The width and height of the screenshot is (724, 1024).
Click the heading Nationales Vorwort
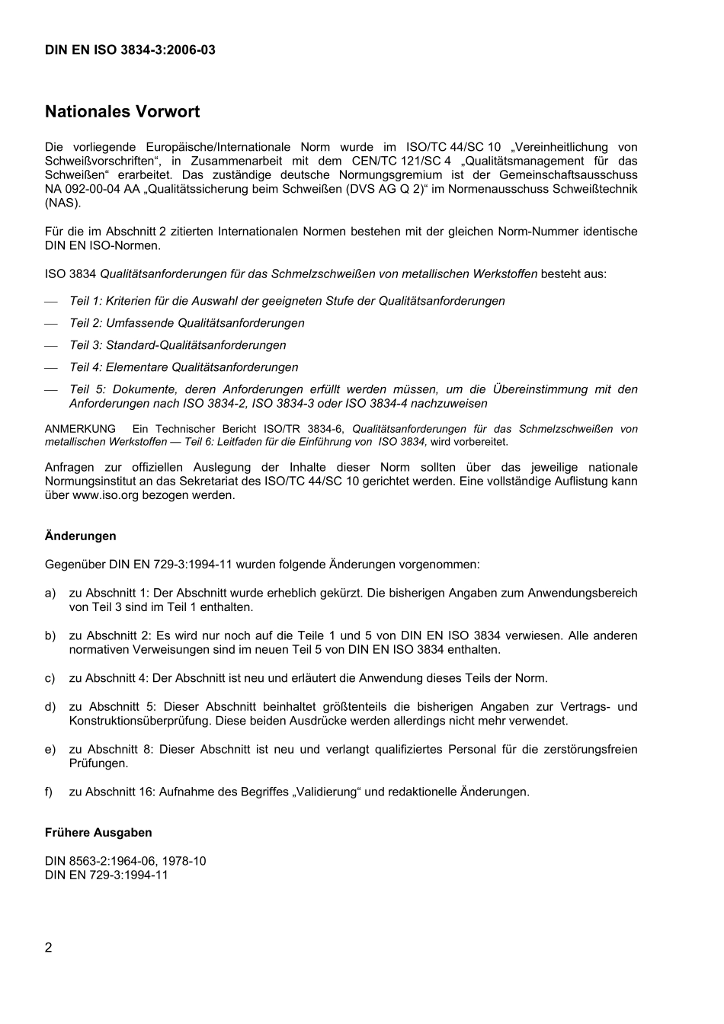point(122,112)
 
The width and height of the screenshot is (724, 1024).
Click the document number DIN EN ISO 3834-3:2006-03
point(130,50)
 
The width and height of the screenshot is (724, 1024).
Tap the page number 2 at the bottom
point(49,948)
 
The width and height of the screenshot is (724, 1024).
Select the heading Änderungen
point(80,536)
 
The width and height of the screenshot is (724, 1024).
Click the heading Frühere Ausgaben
point(98,833)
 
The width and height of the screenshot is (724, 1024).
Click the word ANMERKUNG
point(80,430)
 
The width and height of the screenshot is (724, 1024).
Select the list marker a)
point(50,594)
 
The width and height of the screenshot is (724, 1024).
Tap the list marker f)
point(49,792)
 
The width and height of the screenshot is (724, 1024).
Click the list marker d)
point(50,707)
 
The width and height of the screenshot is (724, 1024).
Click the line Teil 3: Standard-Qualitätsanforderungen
point(178,345)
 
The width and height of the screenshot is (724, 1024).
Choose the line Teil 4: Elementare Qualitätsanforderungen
point(184,367)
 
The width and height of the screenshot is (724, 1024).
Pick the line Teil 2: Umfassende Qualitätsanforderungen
point(187,323)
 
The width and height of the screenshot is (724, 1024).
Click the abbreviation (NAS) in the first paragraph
point(62,203)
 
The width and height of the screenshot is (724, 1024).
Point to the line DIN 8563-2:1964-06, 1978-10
point(125,862)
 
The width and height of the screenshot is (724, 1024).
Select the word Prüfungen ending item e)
point(98,763)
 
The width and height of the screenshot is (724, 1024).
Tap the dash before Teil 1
point(51,302)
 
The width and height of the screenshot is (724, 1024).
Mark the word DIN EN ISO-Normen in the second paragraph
point(102,246)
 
